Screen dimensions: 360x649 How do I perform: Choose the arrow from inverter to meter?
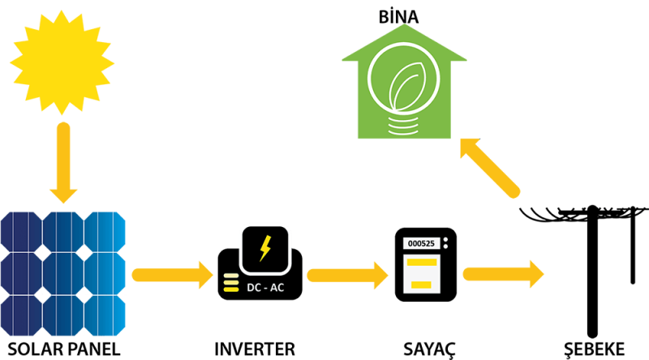(x=347, y=275)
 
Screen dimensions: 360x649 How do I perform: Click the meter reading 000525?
(x=421, y=243)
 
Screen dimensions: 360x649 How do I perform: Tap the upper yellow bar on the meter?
(x=422, y=263)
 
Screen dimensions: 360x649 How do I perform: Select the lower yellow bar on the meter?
(x=421, y=284)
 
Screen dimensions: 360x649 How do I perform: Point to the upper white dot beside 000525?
(x=446, y=239)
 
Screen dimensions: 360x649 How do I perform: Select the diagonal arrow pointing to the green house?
(x=489, y=167)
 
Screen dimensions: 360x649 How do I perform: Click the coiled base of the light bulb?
(x=403, y=125)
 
